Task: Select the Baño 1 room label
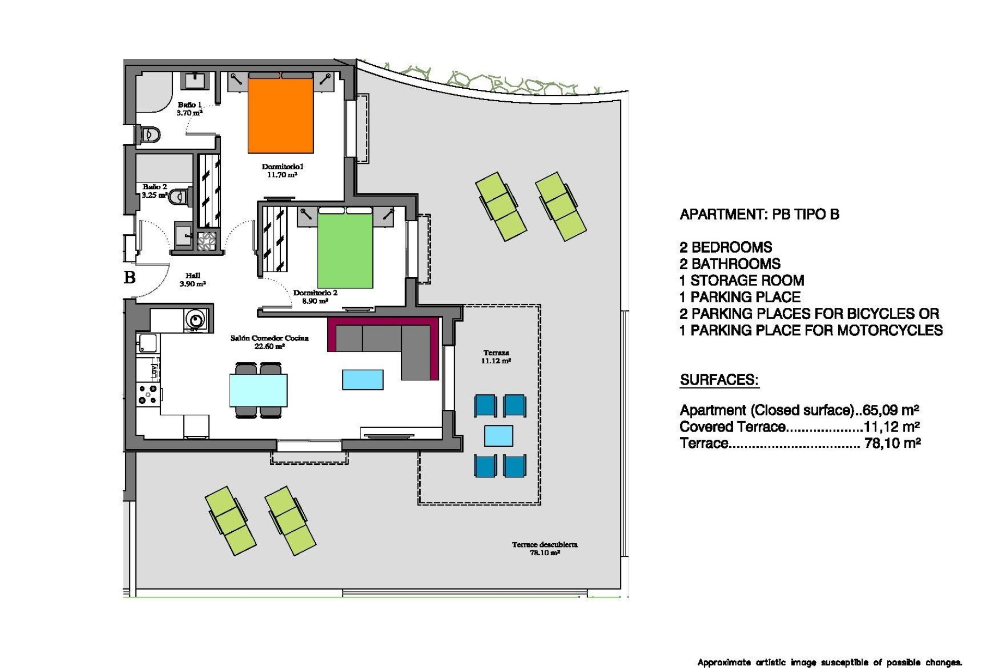pos(189,109)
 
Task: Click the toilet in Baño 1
pos(149,135)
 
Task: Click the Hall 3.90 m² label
pos(193,280)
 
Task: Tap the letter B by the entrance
pos(130,277)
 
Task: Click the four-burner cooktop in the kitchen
pos(148,395)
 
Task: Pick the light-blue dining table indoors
pos(258,390)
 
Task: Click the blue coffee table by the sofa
pos(363,379)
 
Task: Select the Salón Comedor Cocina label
pos(269,342)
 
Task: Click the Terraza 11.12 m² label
pos(496,356)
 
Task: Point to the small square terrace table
pos(498,435)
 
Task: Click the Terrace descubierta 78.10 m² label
pos(544,548)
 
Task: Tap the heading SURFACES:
pos(719,380)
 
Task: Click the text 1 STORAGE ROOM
pos(742,281)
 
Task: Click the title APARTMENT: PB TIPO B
pos(759,214)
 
